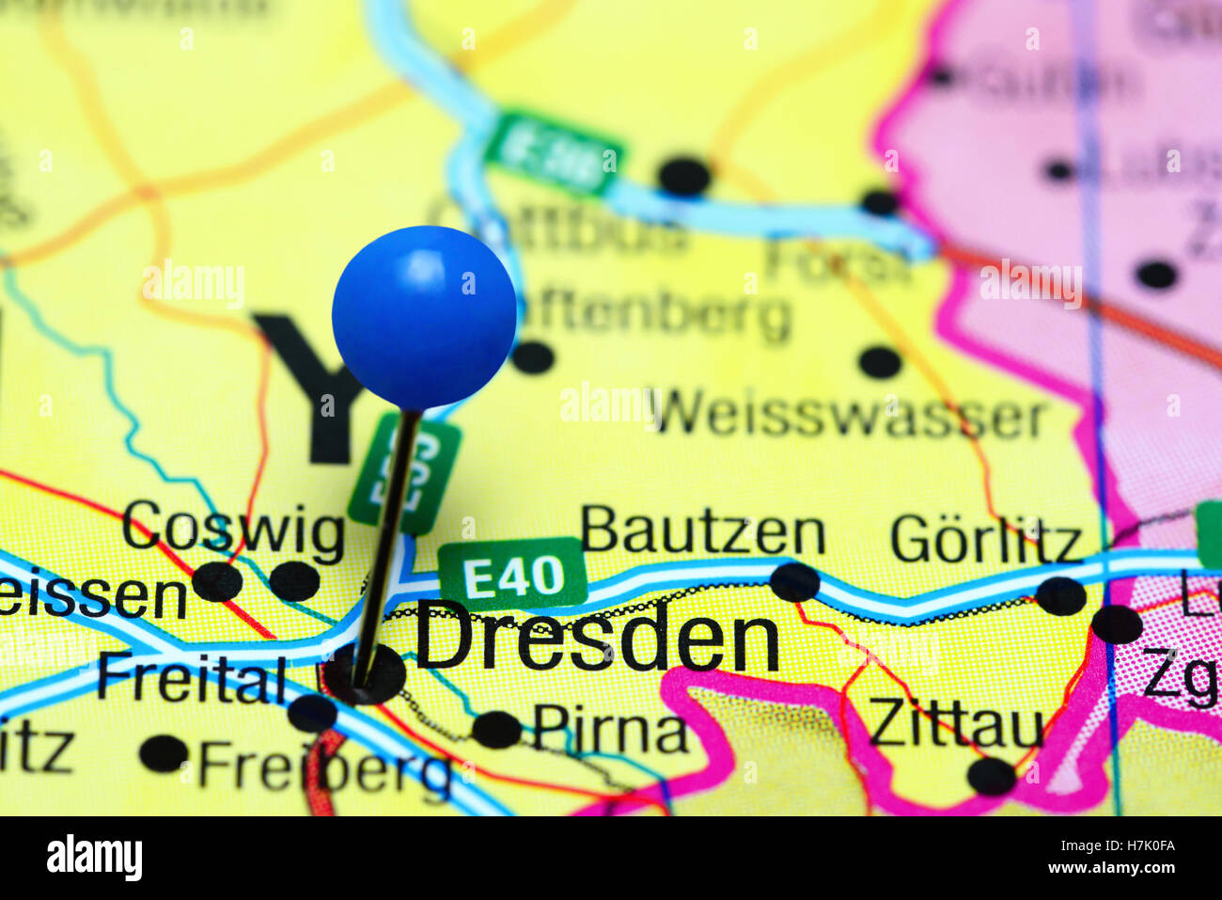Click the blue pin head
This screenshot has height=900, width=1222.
tap(424, 317)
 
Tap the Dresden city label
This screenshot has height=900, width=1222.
tap(598, 641)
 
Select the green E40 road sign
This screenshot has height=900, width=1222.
tap(513, 575)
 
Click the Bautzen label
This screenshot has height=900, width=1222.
tap(702, 532)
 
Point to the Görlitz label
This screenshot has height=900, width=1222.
tap(986, 541)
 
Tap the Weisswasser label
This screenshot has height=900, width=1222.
tap(852, 416)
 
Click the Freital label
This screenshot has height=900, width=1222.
tap(192, 679)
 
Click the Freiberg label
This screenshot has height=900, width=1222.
tap(324, 768)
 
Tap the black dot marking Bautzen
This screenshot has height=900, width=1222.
tap(794, 582)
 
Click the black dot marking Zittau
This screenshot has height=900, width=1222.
tap(992, 777)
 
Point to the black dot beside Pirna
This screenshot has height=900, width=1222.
tap(496, 730)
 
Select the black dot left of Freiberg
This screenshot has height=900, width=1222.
tap(164, 753)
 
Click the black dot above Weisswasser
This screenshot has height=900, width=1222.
tap(880, 361)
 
